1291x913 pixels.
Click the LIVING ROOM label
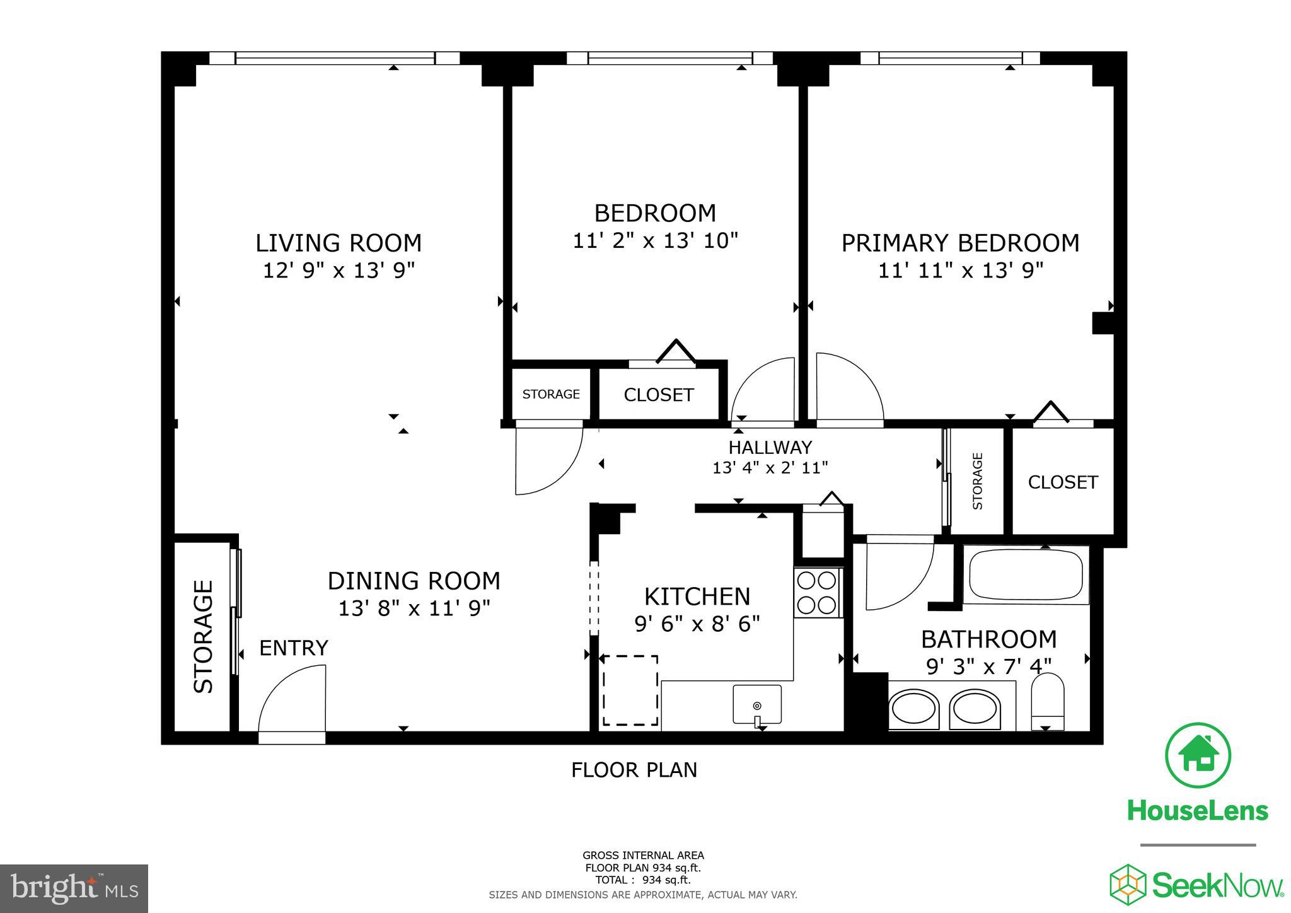click(x=338, y=243)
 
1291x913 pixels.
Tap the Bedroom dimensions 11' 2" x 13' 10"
click(x=655, y=241)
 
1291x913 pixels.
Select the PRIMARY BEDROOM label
click(x=960, y=243)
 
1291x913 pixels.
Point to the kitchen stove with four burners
click(x=818, y=593)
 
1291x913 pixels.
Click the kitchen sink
click(x=757, y=704)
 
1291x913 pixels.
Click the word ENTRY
click(x=294, y=648)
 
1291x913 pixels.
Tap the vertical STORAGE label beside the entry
click(x=204, y=637)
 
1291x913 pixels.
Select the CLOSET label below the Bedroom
click(x=659, y=395)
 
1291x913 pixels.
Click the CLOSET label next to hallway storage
click(x=1063, y=482)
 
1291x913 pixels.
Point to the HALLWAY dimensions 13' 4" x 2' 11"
click(x=770, y=468)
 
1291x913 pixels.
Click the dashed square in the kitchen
click(x=630, y=690)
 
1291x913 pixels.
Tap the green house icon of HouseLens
click(x=1198, y=755)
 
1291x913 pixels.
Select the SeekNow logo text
click(x=1217, y=885)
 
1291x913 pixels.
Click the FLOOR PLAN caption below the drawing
click(x=634, y=770)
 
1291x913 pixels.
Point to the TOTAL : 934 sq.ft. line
click(x=643, y=880)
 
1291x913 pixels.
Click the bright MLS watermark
click(x=74, y=889)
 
